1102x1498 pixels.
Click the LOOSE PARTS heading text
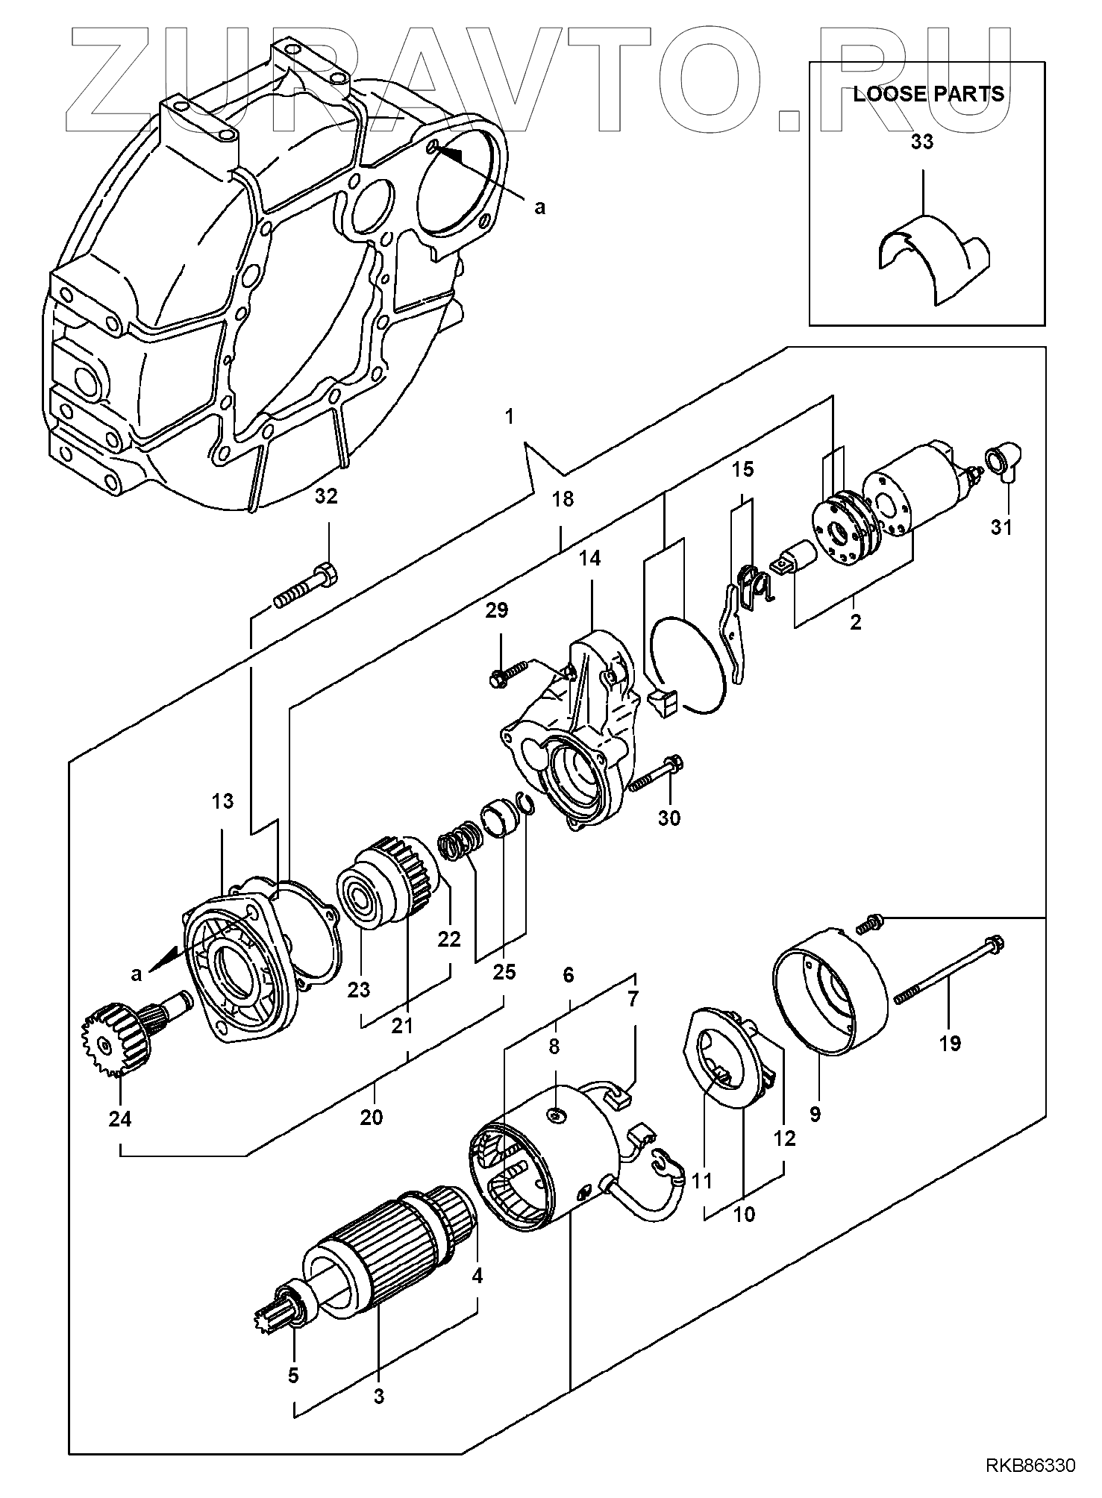pyautogui.click(x=928, y=94)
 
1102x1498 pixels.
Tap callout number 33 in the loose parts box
pyautogui.click(x=922, y=142)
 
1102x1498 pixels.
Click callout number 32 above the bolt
pyautogui.click(x=326, y=496)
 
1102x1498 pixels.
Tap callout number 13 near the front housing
pyautogui.click(x=222, y=801)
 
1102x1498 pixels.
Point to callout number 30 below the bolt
pyautogui.click(x=669, y=818)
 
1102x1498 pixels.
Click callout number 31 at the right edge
pyautogui.click(x=1001, y=527)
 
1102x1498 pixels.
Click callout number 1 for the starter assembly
pyautogui.click(x=510, y=417)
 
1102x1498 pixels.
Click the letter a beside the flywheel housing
pyautogui.click(x=539, y=207)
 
